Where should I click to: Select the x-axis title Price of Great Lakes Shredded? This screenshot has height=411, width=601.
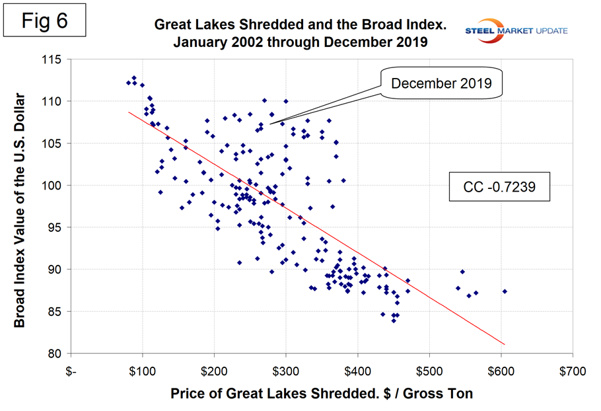[x=322, y=394]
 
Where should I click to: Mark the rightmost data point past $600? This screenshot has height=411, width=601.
[x=505, y=291]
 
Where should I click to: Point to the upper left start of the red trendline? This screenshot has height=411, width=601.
[x=128, y=112]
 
